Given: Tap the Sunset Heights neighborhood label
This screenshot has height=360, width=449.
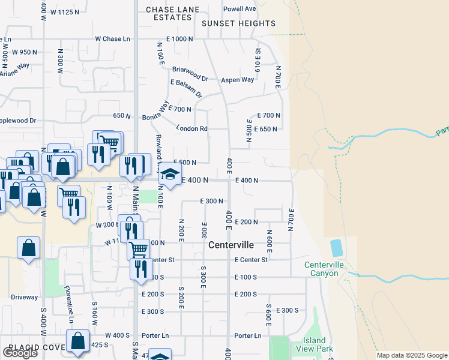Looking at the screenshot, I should pos(238,24).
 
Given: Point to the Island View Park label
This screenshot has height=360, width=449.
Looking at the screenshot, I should pos(318,345).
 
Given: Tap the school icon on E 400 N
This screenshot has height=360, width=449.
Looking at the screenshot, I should pos(170,175).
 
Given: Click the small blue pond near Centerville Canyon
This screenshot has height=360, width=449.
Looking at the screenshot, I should pos(336,247).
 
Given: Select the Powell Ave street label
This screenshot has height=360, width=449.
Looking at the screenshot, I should pos(240,9).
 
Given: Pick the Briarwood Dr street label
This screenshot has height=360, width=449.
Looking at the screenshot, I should pos(190,70).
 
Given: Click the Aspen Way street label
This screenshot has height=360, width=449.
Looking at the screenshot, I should pos(238,80).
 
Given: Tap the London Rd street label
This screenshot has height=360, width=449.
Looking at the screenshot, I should pos(191,128).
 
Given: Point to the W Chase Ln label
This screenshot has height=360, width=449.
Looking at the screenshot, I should pos(112,39).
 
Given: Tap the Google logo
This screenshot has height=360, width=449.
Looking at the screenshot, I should pos(20,353).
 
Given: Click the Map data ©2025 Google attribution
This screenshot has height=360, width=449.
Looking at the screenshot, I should pos(411,355).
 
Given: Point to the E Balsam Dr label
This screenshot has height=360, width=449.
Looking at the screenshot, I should pos(187,88).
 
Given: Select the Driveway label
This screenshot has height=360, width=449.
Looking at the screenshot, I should pos(24,297).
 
